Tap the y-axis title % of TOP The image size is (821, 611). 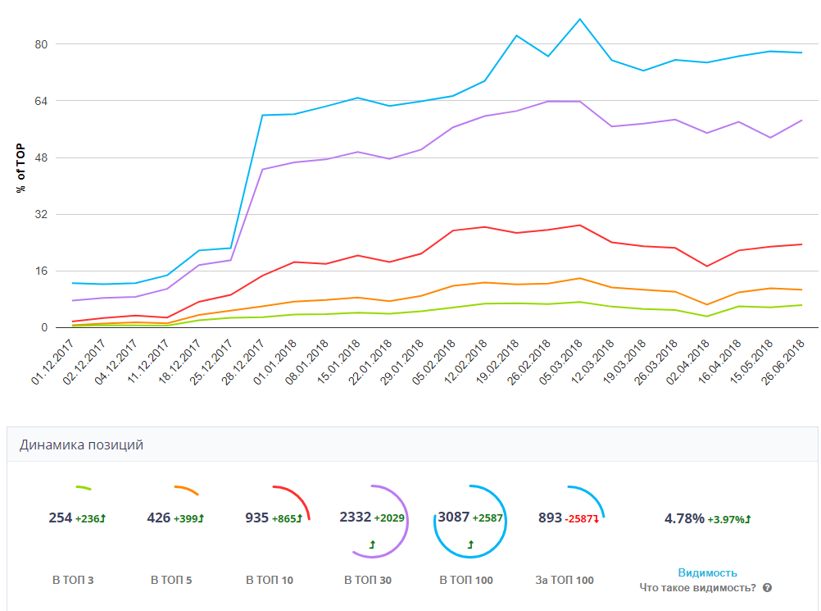[20, 167]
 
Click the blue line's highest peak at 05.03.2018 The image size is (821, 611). [579, 19]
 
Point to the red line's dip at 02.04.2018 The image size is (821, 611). [706, 266]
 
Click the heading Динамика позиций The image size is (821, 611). [81, 445]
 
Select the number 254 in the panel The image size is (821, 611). [61, 518]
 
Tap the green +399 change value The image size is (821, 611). [188, 518]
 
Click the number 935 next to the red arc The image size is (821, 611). [257, 518]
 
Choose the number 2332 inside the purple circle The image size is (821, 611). [356, 518]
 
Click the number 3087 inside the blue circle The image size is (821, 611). [454, 518]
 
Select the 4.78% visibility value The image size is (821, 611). [684, 518]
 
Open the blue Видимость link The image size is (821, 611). [707, 572]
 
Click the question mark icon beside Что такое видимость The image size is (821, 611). [767, 588]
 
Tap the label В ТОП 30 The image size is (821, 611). [368, 580]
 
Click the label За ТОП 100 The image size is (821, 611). [565, 580]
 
